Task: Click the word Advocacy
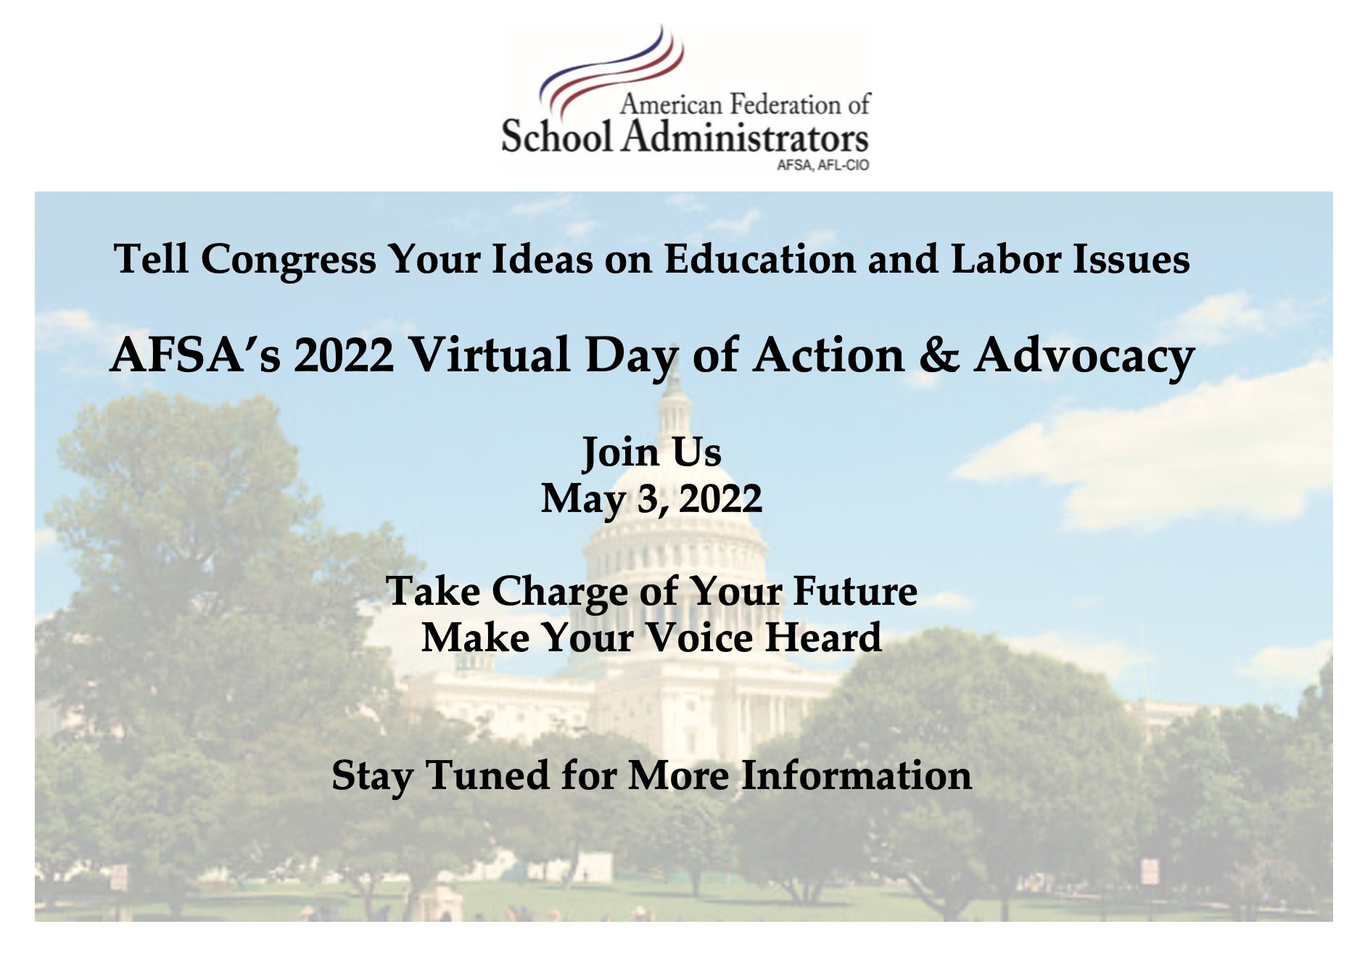point(1084,357)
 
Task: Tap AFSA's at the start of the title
point(195,355)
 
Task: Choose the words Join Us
point(652,453)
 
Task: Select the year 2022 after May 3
point(720,499)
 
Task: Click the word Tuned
point(487,775)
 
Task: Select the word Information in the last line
point(856,775)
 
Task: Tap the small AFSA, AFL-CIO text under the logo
point(822,165)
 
